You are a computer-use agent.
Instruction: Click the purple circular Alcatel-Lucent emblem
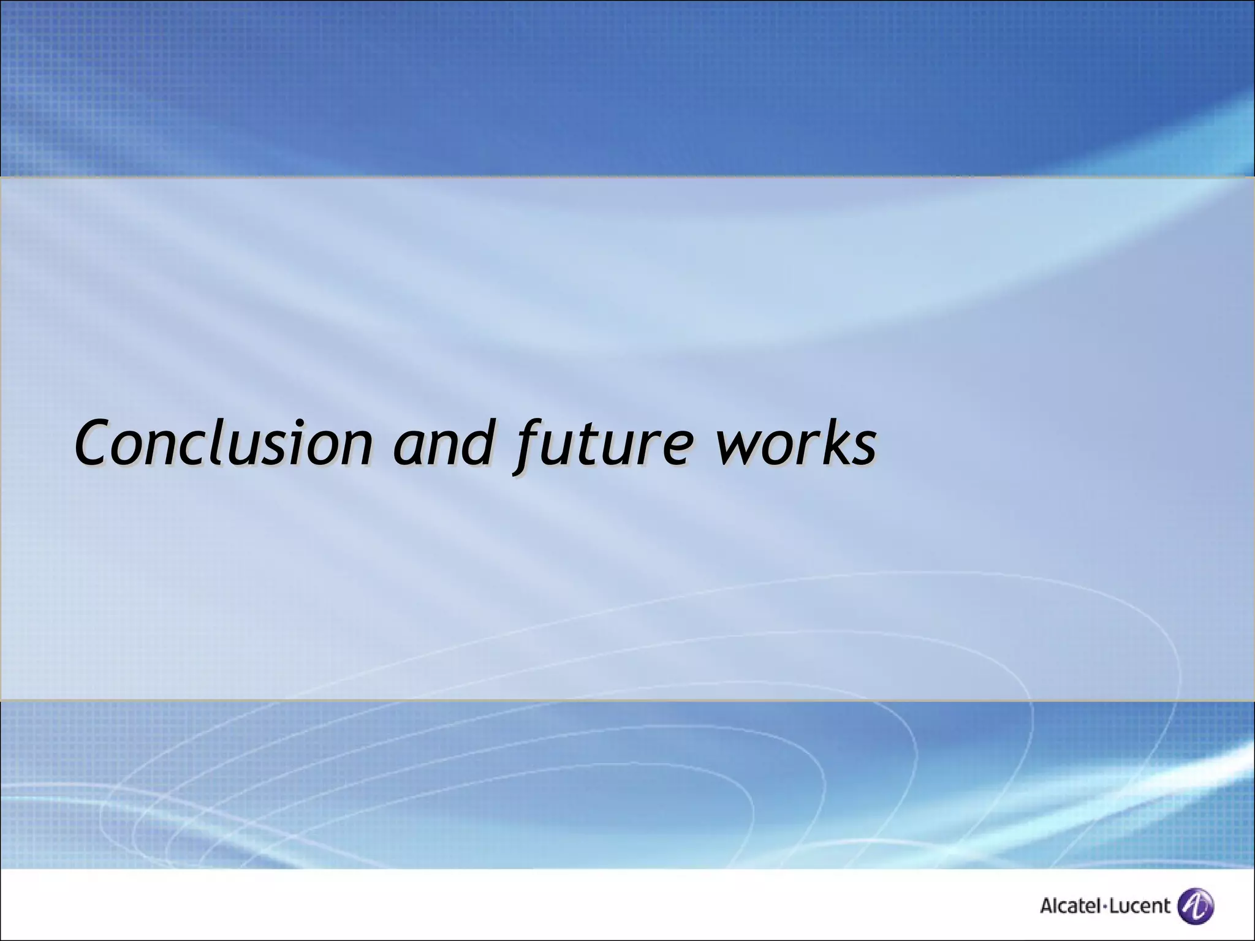click(x=1196, y=905)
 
